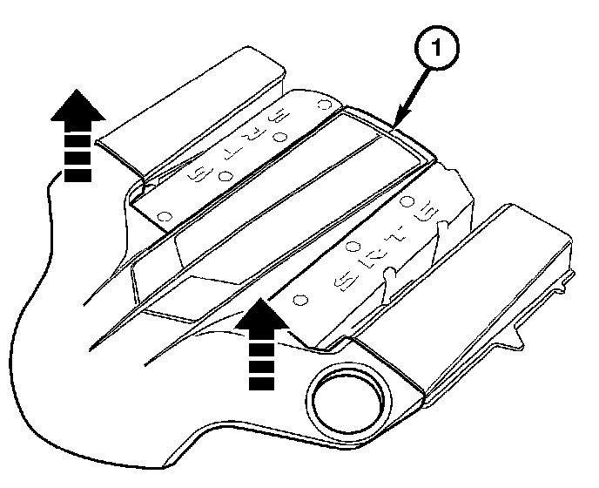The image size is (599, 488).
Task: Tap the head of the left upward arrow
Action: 77,106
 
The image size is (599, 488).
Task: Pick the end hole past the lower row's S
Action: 300,298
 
